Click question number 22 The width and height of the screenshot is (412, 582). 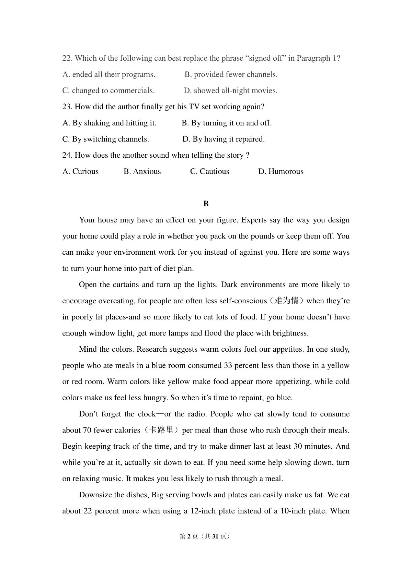point(67,58)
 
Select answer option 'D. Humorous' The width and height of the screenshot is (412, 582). point(281,171)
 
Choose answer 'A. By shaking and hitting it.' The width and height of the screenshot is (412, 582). point(109,123)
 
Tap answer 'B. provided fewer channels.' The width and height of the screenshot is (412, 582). point(231,74)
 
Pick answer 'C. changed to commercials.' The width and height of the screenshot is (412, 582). point(108,90)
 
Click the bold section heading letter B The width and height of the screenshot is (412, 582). point(206,204)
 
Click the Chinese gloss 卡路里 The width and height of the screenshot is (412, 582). point(161,430)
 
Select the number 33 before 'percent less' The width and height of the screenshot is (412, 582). point(228,365)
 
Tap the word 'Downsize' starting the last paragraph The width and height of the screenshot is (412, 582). point(94,495)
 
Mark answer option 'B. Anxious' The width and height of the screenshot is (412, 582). point(142,171)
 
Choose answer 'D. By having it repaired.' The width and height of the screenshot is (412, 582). point(224,139)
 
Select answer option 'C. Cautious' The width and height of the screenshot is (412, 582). point(209,171)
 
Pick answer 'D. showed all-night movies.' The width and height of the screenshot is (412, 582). point(230,90)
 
